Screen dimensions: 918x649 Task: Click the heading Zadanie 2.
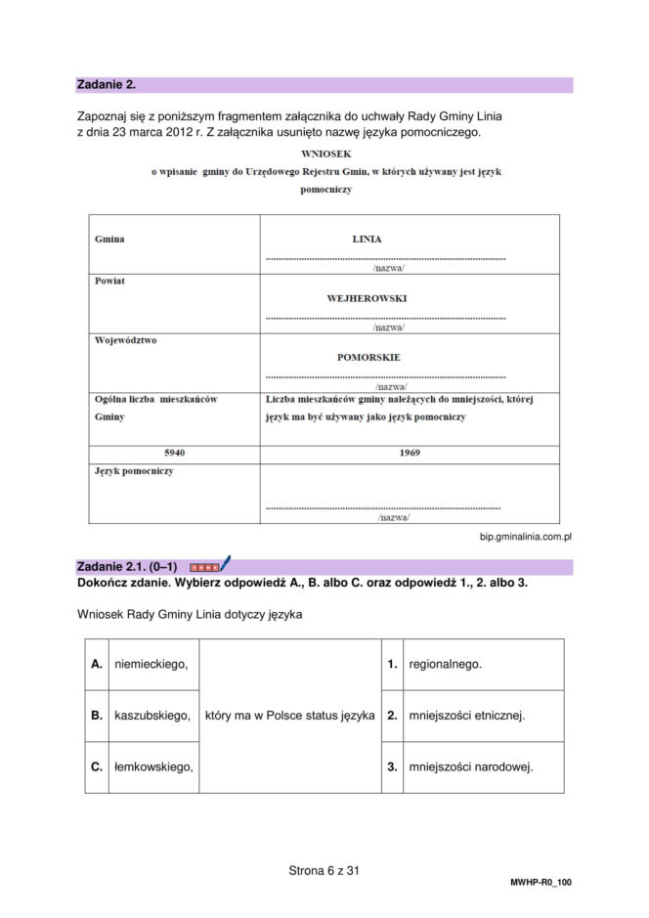pos(105,85)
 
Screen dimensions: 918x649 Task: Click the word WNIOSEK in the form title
pos(326,154)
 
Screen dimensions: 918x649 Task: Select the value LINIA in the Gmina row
pos(367,239)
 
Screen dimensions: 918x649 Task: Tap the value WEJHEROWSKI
pos(367,298)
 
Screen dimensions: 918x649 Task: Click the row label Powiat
pos(109,281)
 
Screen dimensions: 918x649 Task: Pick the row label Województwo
pos(125,340)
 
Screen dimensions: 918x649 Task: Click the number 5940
pos(174,454)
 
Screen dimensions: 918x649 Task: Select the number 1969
pos(410,454)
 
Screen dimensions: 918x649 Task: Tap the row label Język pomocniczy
pos(134,471)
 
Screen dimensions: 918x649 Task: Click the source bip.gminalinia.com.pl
pos(525,537)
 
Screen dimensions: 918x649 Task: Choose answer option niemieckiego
pos(151,665)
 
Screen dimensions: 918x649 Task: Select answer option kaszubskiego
pos(151,716)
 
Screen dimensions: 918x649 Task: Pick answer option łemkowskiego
pos(153,767)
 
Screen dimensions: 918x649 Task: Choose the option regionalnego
pos(445,665)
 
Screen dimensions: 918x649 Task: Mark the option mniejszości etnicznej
pos(466,716)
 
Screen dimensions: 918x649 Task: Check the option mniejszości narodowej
pos(470,767)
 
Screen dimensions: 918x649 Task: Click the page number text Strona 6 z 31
pos(324,869)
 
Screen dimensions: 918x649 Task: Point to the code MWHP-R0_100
pos(541,883)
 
